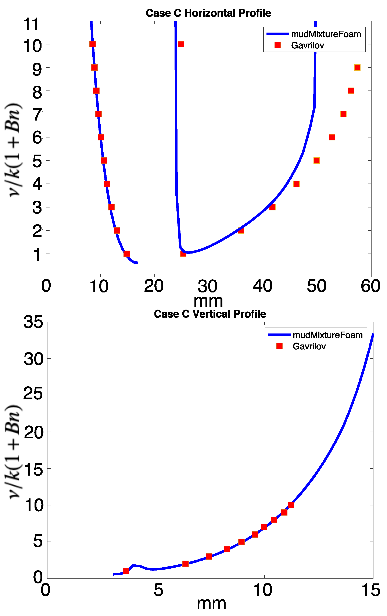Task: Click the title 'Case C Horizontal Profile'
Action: tap(208, 13)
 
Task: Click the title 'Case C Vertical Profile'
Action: tap(210, 314)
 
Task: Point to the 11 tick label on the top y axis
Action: tap(32, 25)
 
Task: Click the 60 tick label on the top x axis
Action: tap(370, 286)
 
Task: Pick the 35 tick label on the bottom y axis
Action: tap(33, 322)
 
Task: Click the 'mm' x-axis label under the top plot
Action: tap(208, 301)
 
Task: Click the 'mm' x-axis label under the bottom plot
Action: tap(211, 604)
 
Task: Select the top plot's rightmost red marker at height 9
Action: tap(357, 67)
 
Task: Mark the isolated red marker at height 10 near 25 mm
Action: tap(181, 44)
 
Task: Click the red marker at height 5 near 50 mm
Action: tap(317, 161)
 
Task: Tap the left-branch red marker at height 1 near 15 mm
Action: tap(127, 254)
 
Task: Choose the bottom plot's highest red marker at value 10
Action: tap(291, 505)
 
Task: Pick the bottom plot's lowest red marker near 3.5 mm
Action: tap(126, 571)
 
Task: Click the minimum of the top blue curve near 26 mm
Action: tap(188, 252)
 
